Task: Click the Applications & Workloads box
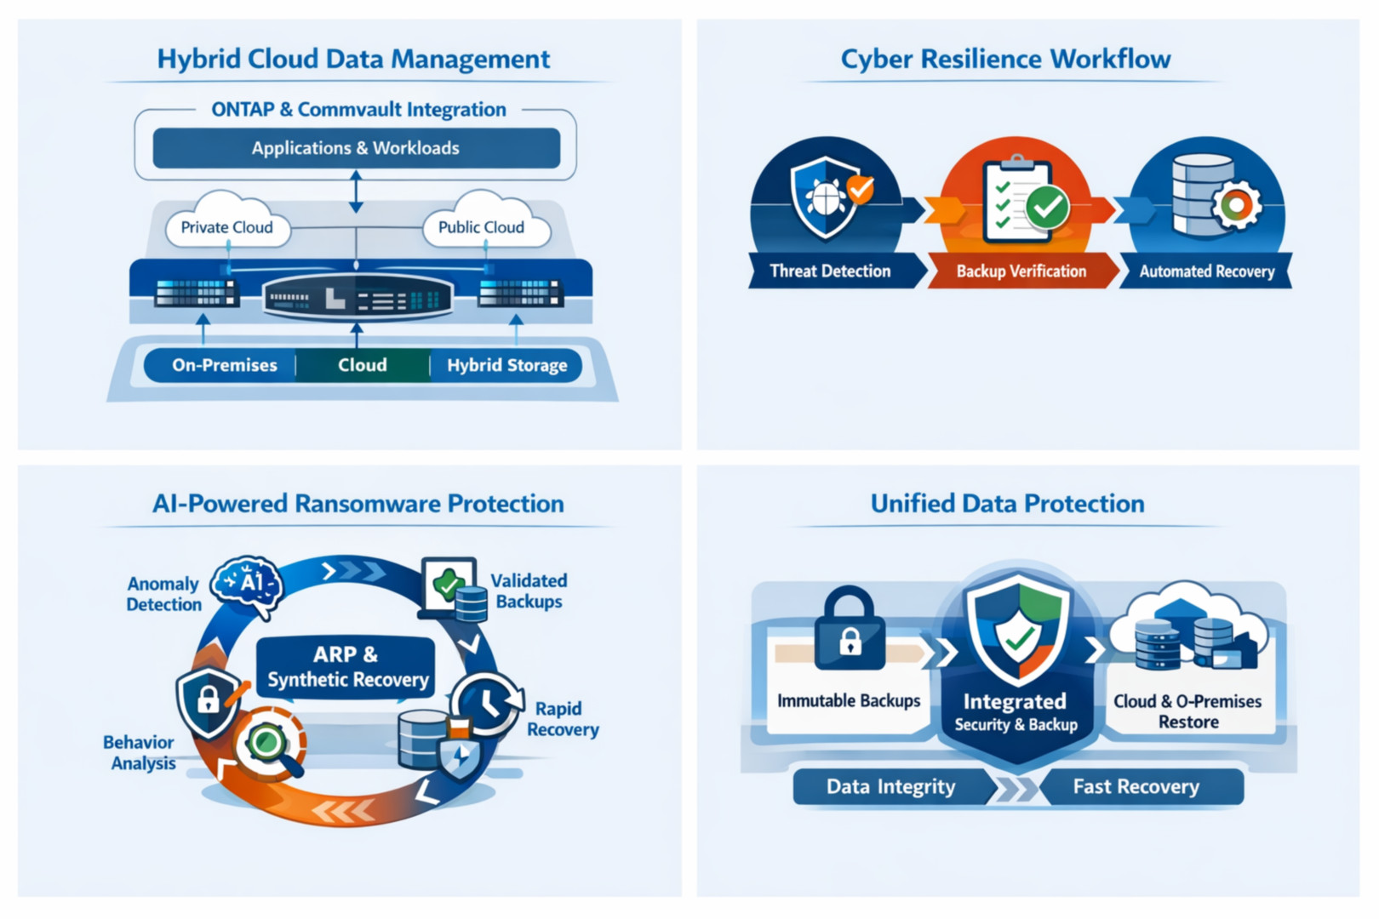[356, 148]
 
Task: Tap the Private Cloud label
[226, 227]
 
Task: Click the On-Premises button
[224, 365]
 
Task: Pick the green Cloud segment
[363, 365]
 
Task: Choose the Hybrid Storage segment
[506, 365]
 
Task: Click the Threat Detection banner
[830, 271]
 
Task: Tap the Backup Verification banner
[1021, 271]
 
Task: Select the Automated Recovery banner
[1206, 271]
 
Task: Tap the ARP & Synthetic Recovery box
[346, 667]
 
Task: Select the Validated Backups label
[529, 591]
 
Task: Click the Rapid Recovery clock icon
[488, 703]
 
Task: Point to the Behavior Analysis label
[140, 752]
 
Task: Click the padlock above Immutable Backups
[850, 630]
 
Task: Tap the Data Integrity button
[890, 786]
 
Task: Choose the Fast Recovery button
[1136, 786]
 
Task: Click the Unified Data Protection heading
[1007, 504]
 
